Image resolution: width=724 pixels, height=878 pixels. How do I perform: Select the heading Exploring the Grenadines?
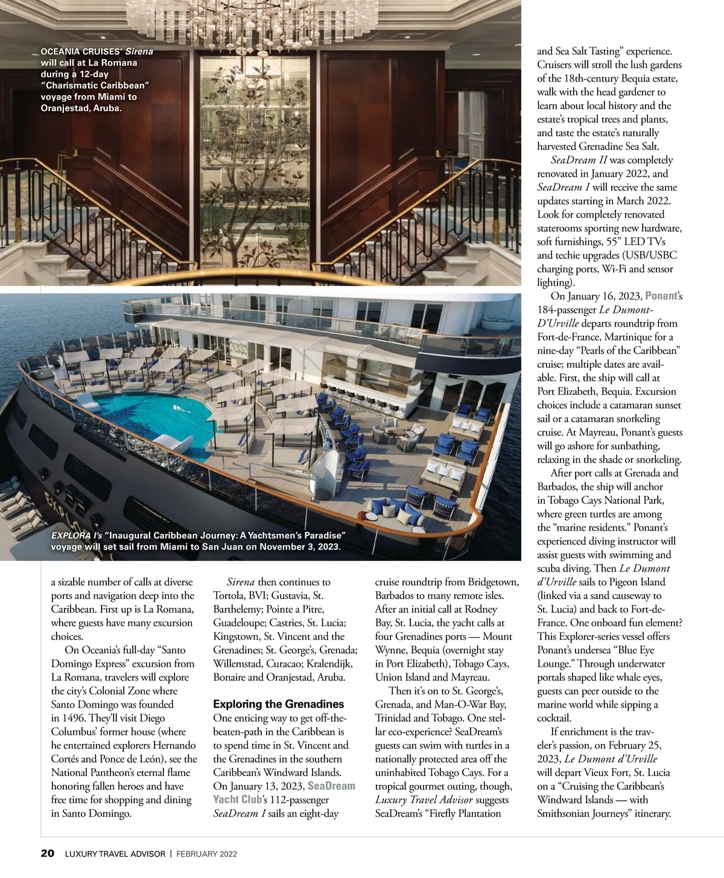point(278,703)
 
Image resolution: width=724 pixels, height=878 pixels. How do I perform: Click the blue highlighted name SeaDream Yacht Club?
point(284,793)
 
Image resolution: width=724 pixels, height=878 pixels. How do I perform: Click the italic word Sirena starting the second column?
point(241,582)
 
